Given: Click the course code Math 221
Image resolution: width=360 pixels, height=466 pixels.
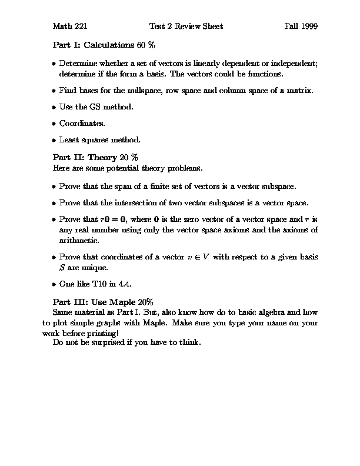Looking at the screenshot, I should click(x=70, y=26).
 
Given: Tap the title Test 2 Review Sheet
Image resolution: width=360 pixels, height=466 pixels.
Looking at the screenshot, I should click(x=186, y=26).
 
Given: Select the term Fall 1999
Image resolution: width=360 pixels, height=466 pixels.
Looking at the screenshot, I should click(x=301, y=26).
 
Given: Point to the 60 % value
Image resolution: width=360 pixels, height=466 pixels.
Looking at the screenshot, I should click(x=146, y=45).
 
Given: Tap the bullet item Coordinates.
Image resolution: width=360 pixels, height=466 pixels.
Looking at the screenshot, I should click(x=82, y=124).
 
